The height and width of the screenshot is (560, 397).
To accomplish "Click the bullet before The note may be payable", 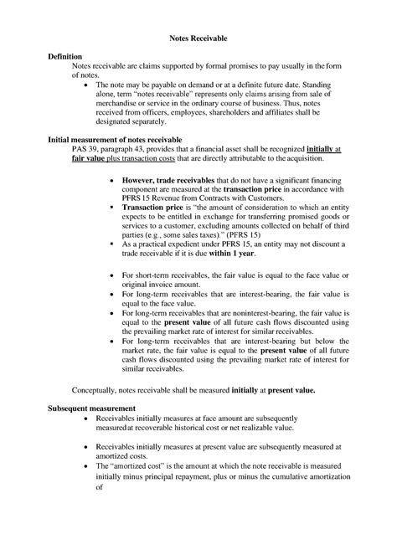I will [89, 85].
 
